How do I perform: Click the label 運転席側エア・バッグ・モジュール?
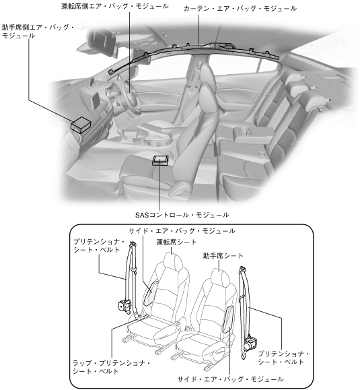click(x=115, y=6)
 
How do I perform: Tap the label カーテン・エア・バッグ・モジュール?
click(x=240, y=9)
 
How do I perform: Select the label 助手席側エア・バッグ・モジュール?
click(x=38, y=32)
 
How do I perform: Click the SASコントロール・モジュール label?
click(x=182, y=215)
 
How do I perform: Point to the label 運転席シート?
click(x=176, y=242)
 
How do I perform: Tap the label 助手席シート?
click(x=223, y=256)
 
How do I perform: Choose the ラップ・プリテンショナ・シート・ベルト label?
click(x=111, y=367)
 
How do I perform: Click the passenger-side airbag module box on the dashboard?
click(x=81, y=125)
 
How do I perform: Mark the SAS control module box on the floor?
click(x=160, y=160)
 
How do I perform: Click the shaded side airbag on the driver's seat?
click(x=150, y=294)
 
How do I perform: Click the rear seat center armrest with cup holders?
click(x=253, y=133)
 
